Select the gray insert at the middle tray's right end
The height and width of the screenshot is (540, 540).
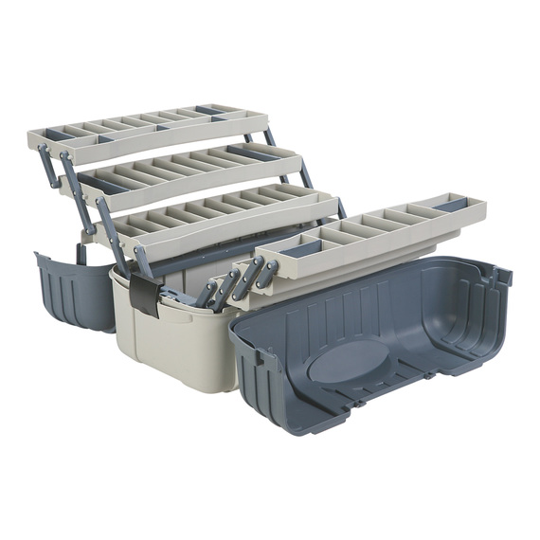[249, 152]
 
